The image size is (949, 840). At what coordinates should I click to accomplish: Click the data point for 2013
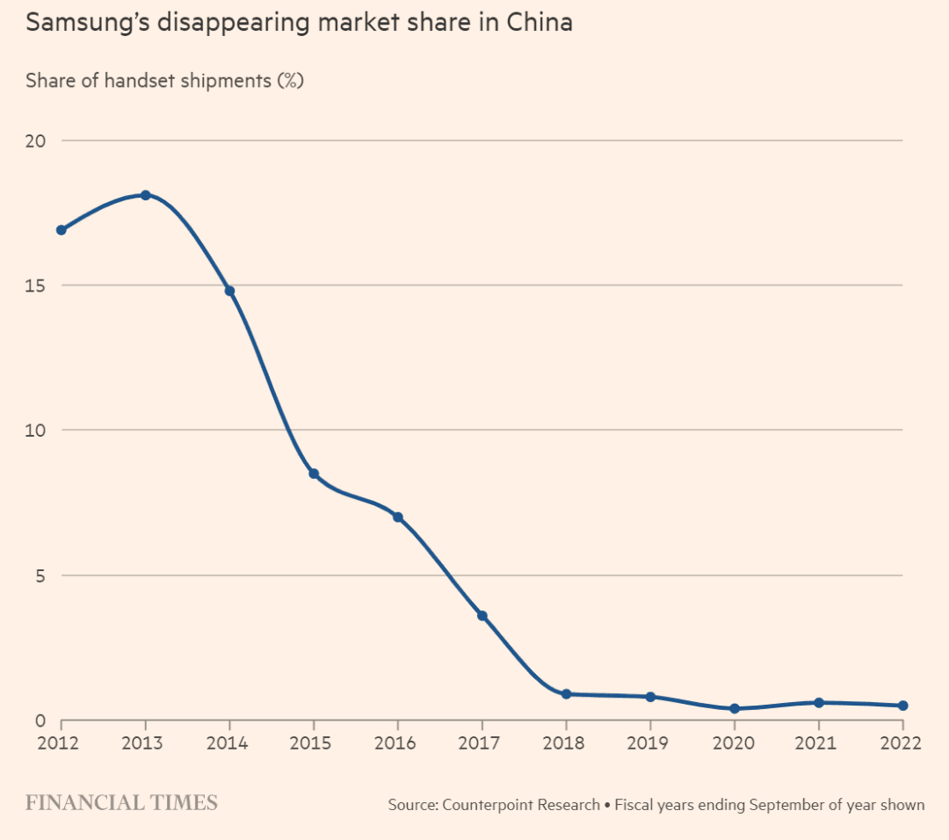(146, 195)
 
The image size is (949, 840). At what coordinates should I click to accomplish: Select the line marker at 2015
(314, 474)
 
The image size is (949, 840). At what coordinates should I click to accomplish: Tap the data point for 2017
(482, 616)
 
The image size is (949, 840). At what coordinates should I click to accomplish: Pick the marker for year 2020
(735, 708)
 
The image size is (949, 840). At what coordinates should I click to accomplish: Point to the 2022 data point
(902, 706)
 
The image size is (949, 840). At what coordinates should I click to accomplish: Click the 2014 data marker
(229, 291)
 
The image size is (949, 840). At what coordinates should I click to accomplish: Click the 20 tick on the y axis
(35, 141)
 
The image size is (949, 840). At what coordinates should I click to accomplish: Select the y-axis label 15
(35, 286)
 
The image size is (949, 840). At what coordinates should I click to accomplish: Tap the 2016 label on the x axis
(397, 743)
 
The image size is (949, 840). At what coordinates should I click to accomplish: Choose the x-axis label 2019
(649, 743)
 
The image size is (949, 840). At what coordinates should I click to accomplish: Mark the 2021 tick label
(818, 743)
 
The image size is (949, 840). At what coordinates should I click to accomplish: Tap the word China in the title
(540, 23)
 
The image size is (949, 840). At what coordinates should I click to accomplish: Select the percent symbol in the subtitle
(290, 81)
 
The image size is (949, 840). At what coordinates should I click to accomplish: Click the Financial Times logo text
(121, 803)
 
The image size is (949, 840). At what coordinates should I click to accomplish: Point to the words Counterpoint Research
(521, 805)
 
